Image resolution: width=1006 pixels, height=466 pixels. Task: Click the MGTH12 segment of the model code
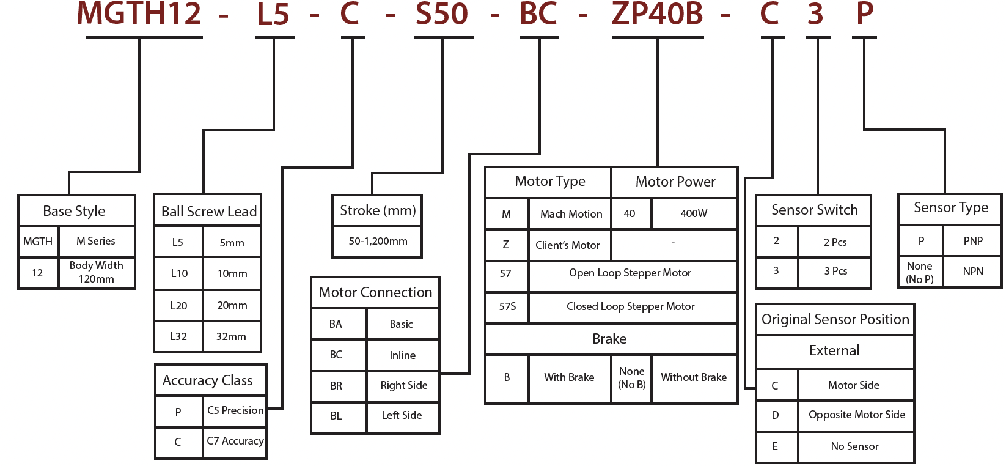[139, 13]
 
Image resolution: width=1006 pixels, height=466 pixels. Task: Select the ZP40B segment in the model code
[658, 13]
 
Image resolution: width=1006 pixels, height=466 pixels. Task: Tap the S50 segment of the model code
[442, 13]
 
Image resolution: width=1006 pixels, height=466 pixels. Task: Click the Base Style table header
[75, 211]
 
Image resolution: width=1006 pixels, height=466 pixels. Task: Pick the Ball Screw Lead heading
[208, 212]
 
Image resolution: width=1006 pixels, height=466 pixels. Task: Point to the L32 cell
[178, 336]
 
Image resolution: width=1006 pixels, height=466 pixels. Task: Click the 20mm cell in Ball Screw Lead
[232, 305]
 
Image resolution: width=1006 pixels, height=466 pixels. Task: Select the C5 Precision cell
[235, 410]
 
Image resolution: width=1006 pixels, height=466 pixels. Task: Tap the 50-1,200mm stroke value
[378, 241]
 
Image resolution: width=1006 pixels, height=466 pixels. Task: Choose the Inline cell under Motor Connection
[402, 355]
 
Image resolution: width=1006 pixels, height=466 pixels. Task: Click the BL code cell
[336, 416]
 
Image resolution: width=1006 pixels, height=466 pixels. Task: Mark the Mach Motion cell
[571, 214]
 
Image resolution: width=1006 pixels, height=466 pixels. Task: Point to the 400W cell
[694, 213]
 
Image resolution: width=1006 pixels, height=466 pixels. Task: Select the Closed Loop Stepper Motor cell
[630, 306]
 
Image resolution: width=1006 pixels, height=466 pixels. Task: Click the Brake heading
[609, 339]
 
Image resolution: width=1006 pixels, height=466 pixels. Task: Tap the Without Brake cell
[694, 377]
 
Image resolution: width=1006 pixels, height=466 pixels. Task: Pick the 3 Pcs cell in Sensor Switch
[835, 271]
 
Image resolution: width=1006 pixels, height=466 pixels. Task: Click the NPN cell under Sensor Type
[973, 272]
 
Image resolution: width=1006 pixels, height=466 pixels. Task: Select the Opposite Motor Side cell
[856, 415]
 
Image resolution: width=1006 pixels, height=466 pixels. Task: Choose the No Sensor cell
[854, 446]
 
